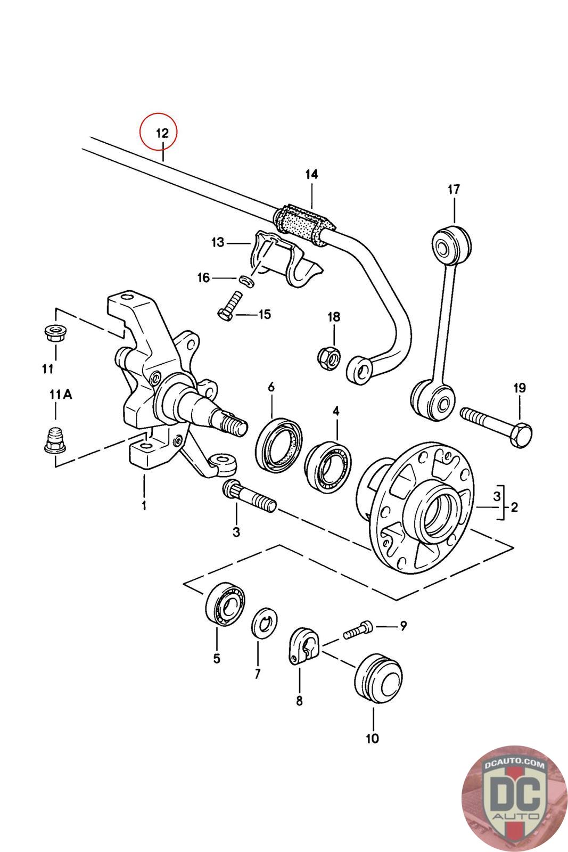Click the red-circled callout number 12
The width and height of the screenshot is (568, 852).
pyautogui.click(x=162, y=133)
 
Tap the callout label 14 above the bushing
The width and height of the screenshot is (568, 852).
pyautogui.click(x=311, y=174)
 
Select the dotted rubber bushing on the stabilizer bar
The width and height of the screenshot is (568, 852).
pyautogui.click(x=304, y=225)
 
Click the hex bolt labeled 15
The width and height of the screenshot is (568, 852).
pyautogui.click(x=229, y=305)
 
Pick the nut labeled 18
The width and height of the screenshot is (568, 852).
pyautogui.click(x=329, y=357)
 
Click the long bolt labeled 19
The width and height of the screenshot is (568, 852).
pyautogui.click(x=496, y=427)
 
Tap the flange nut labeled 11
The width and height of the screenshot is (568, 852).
pyautogui.click(x=55, y=333)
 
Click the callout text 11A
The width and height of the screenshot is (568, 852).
pyautogui.click(x=61, y=395)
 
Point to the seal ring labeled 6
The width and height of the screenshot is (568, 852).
pyautogui.click(x=279, y=444)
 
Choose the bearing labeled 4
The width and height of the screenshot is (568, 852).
pyautogui.click(x=328, y=465)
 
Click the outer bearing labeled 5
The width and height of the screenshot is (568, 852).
pyautogui.click(x=225, y=604)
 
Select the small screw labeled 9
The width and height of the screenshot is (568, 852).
pyautogui.click(x=358, y=629)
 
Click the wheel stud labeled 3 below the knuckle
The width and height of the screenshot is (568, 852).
pyautogui.click(x=250, y=496)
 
